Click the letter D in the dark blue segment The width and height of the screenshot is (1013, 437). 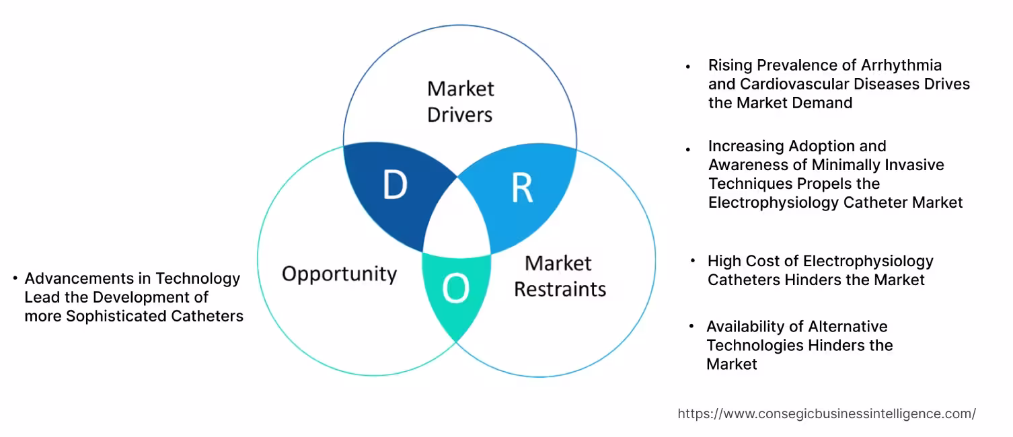[x=395, y=186]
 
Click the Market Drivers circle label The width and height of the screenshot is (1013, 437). [x=461, y=102]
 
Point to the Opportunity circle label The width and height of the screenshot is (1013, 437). [x=339, y=274]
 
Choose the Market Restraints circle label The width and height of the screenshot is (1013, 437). [x=560, y=276]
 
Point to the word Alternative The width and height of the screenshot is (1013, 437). [x=848, y=327]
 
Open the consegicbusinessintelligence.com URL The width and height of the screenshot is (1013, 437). [x=827, y=414]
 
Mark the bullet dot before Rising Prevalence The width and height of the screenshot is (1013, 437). [x=687, y=67]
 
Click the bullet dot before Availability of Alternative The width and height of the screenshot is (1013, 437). [x=691, y=327]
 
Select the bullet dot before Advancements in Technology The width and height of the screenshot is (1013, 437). [x=15, y=278]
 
